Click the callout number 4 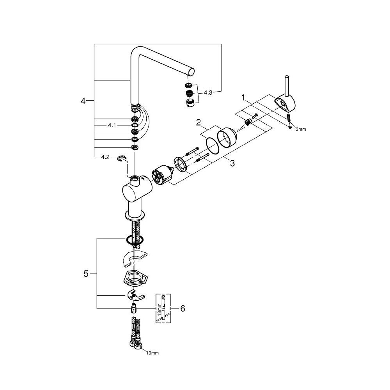pos(83,101)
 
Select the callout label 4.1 pos(112,125)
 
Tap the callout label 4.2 pos(105,157)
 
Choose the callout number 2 pos(199,122)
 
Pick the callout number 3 pos(232,163)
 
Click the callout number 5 pos(86,274)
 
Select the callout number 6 pos(183,308)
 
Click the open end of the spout pos(191,71)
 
